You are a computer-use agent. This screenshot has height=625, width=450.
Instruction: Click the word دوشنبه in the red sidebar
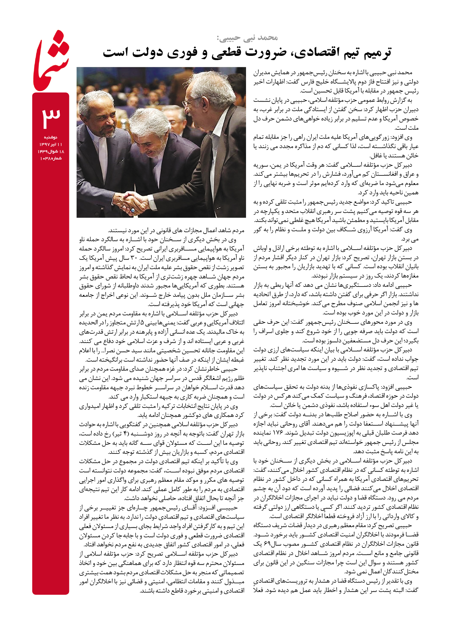pyautogui.click(x=51, y=137)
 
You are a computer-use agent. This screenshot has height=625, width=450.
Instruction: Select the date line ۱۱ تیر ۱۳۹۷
pyautogui.click(x=51, y=144)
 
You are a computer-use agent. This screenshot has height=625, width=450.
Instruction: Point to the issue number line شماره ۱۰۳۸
pyautogui.click(x=51, y=158)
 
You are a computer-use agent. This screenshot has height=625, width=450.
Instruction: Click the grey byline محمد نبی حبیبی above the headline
pyautogui.click(x=247, y=38)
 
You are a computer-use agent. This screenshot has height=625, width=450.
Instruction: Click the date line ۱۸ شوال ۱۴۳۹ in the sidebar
pyautogui.click(x=51, y=151)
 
